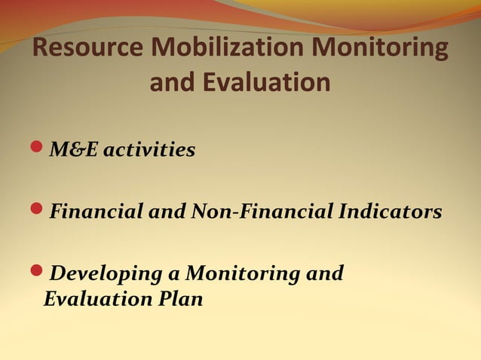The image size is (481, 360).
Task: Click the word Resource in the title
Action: (89, 50)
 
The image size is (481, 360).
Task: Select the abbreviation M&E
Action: (74, 151)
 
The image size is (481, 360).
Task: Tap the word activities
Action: (149, 151)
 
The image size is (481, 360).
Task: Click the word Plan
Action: (182, 299)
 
